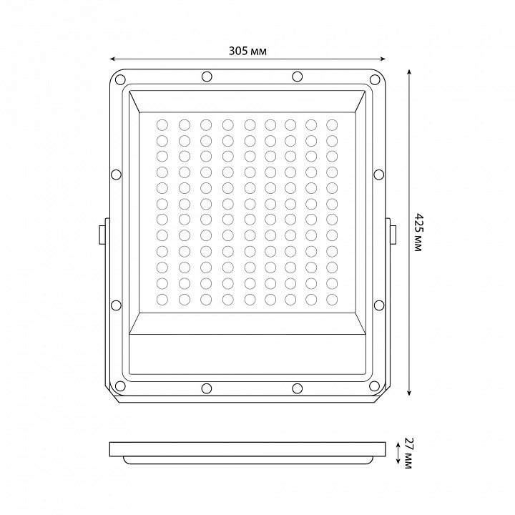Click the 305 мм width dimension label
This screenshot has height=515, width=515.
coord(247,51)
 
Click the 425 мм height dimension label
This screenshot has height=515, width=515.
coord(418,232)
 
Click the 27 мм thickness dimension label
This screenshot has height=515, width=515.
coord(408,453)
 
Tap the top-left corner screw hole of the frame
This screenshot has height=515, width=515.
coord(120,79)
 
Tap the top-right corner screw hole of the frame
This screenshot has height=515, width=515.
coord(374,79)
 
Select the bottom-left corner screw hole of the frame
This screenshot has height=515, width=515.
coord(120,386)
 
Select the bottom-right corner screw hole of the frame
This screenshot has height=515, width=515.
coord(374,386)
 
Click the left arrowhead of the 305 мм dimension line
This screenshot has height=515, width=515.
coord(112,59)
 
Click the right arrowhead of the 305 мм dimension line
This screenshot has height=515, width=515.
coord(383,59)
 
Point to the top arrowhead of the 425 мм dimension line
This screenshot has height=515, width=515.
coord(409,72)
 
